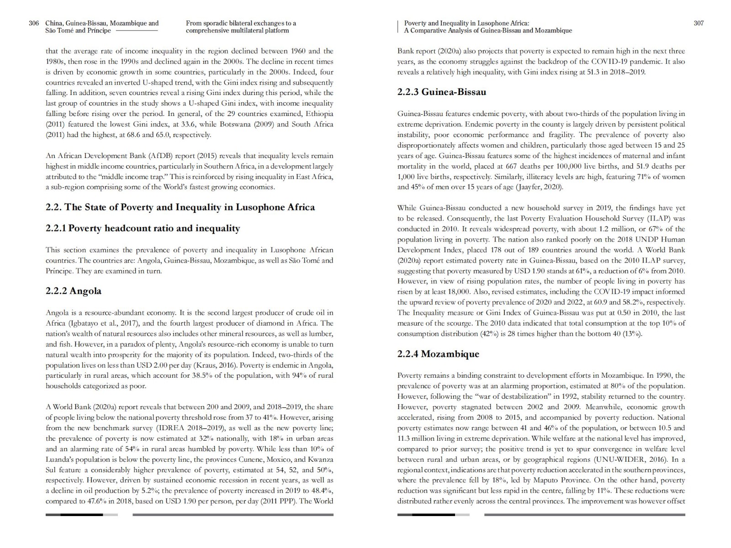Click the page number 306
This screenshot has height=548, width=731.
34,23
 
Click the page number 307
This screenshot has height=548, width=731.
699,23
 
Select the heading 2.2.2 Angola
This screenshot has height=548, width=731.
74,291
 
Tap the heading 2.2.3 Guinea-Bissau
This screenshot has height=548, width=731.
441,92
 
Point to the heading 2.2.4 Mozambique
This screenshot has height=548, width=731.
438,354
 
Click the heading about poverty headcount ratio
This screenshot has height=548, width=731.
143,228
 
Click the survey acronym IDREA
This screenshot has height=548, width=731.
171,428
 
